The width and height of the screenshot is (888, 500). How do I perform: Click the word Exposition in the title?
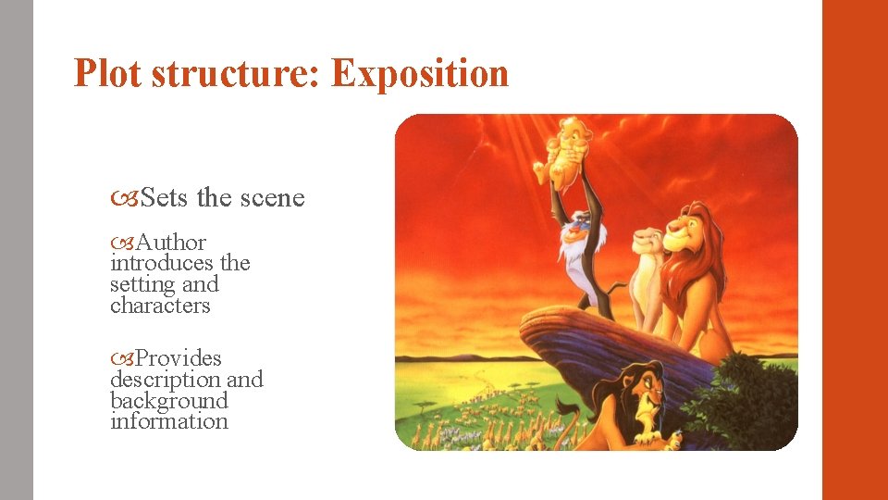point(420,74)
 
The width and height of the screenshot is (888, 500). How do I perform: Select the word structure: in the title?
point(236,74)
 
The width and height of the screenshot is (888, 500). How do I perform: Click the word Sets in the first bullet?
point(166,198)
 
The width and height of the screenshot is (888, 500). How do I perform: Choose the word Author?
point(171,243)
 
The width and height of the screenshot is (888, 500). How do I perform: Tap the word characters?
point(160,306)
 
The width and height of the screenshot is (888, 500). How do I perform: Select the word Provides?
point(179,358)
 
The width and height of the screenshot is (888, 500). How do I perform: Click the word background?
point(168,401)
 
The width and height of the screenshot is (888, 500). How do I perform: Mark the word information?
point(168,421)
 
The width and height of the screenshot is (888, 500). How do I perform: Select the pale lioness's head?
point(647,243)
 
